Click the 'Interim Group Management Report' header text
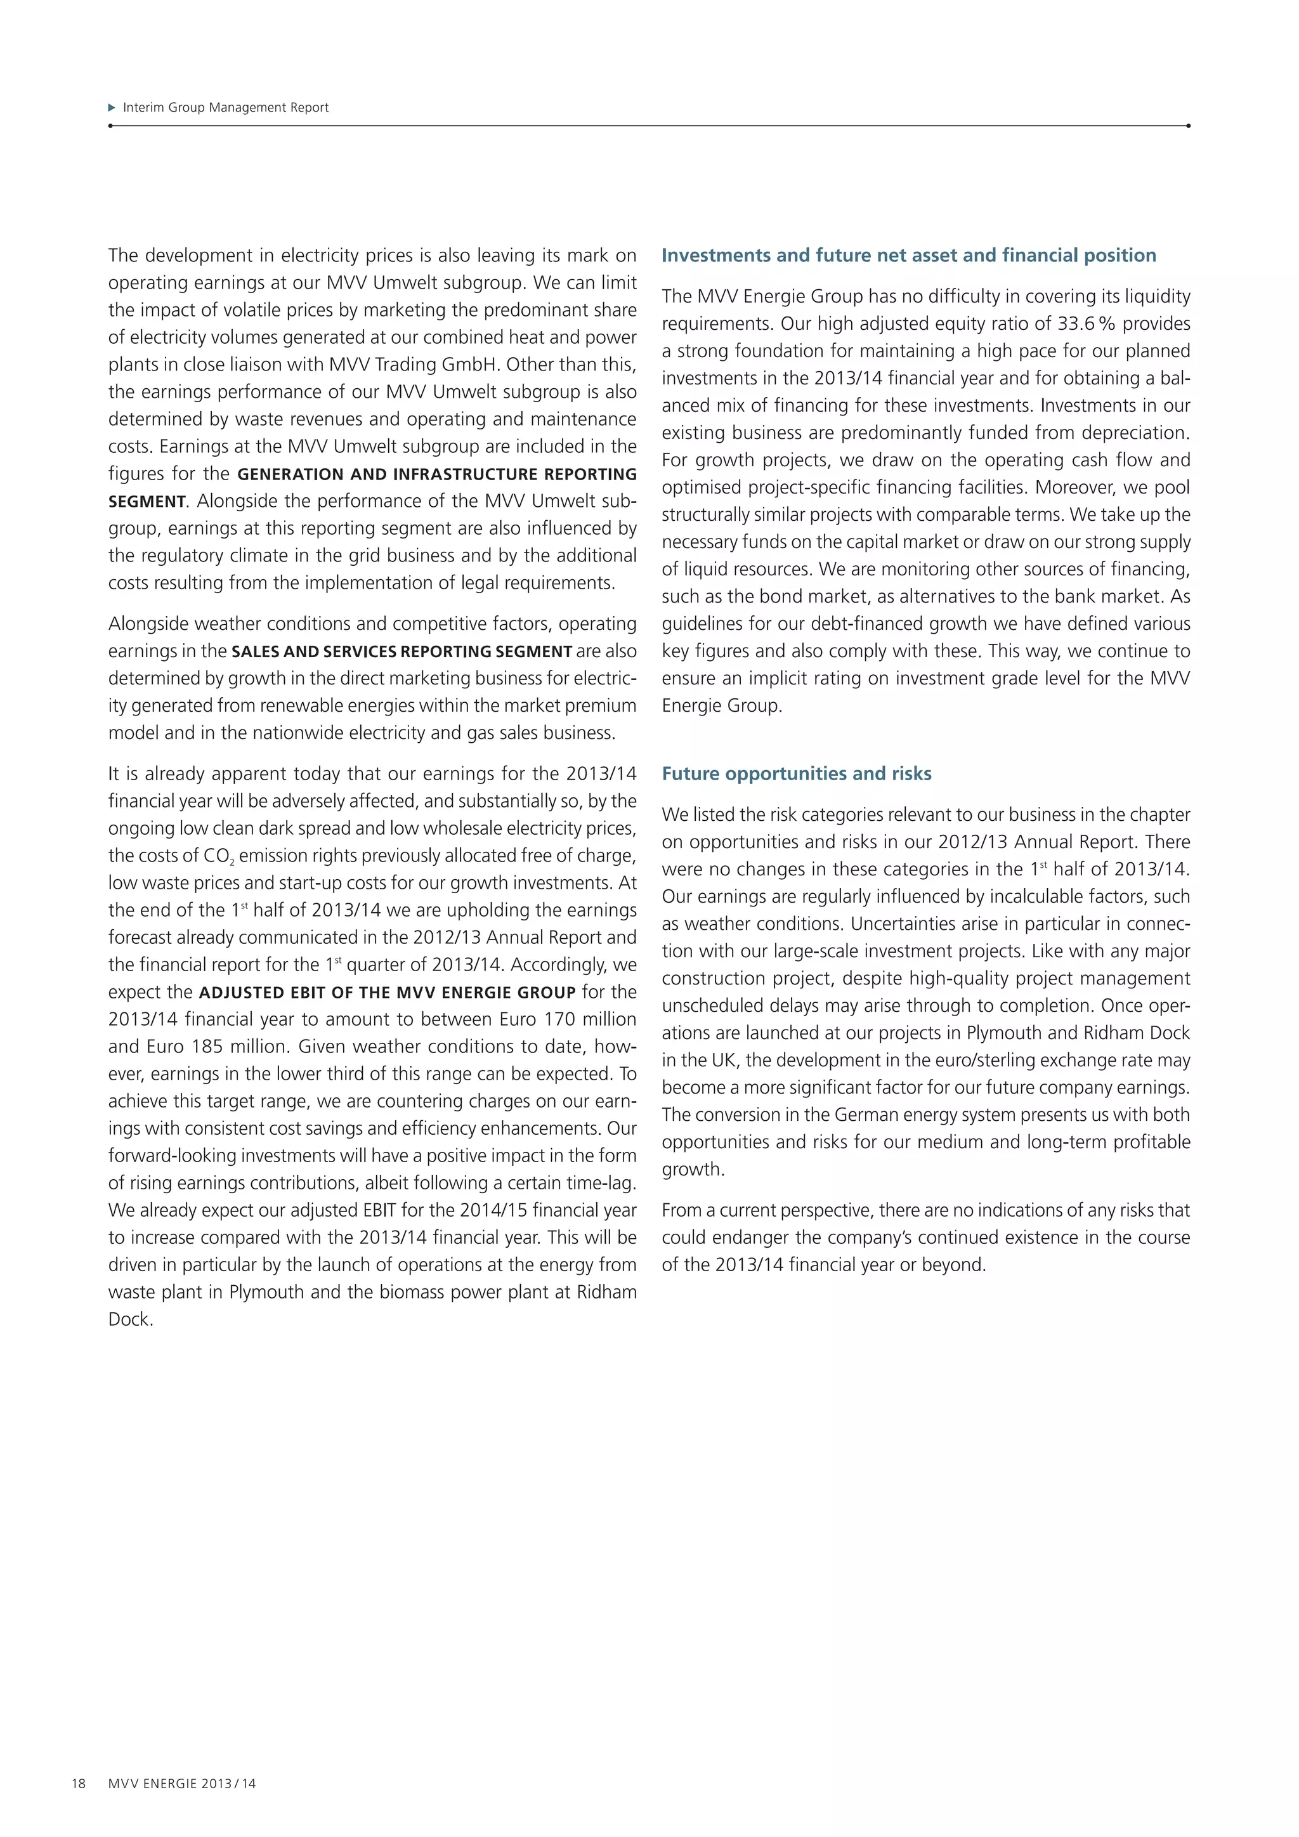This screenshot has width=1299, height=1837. click(x=226, y=107)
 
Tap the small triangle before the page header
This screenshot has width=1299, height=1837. click(x=112, y=107)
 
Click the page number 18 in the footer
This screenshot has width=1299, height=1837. click(x=79, y=1783)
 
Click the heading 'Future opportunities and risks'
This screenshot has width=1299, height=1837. click(x=796, y=774)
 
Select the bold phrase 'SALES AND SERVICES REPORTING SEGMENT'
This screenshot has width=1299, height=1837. click(x=401, y=651)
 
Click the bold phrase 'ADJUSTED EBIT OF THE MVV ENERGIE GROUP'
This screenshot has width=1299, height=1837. click(x=387, y=993)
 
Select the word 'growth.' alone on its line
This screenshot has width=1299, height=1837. click(x=693, y=1170)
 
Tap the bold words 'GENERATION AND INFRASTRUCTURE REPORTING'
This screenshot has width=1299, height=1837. click(x=437, y=474)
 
